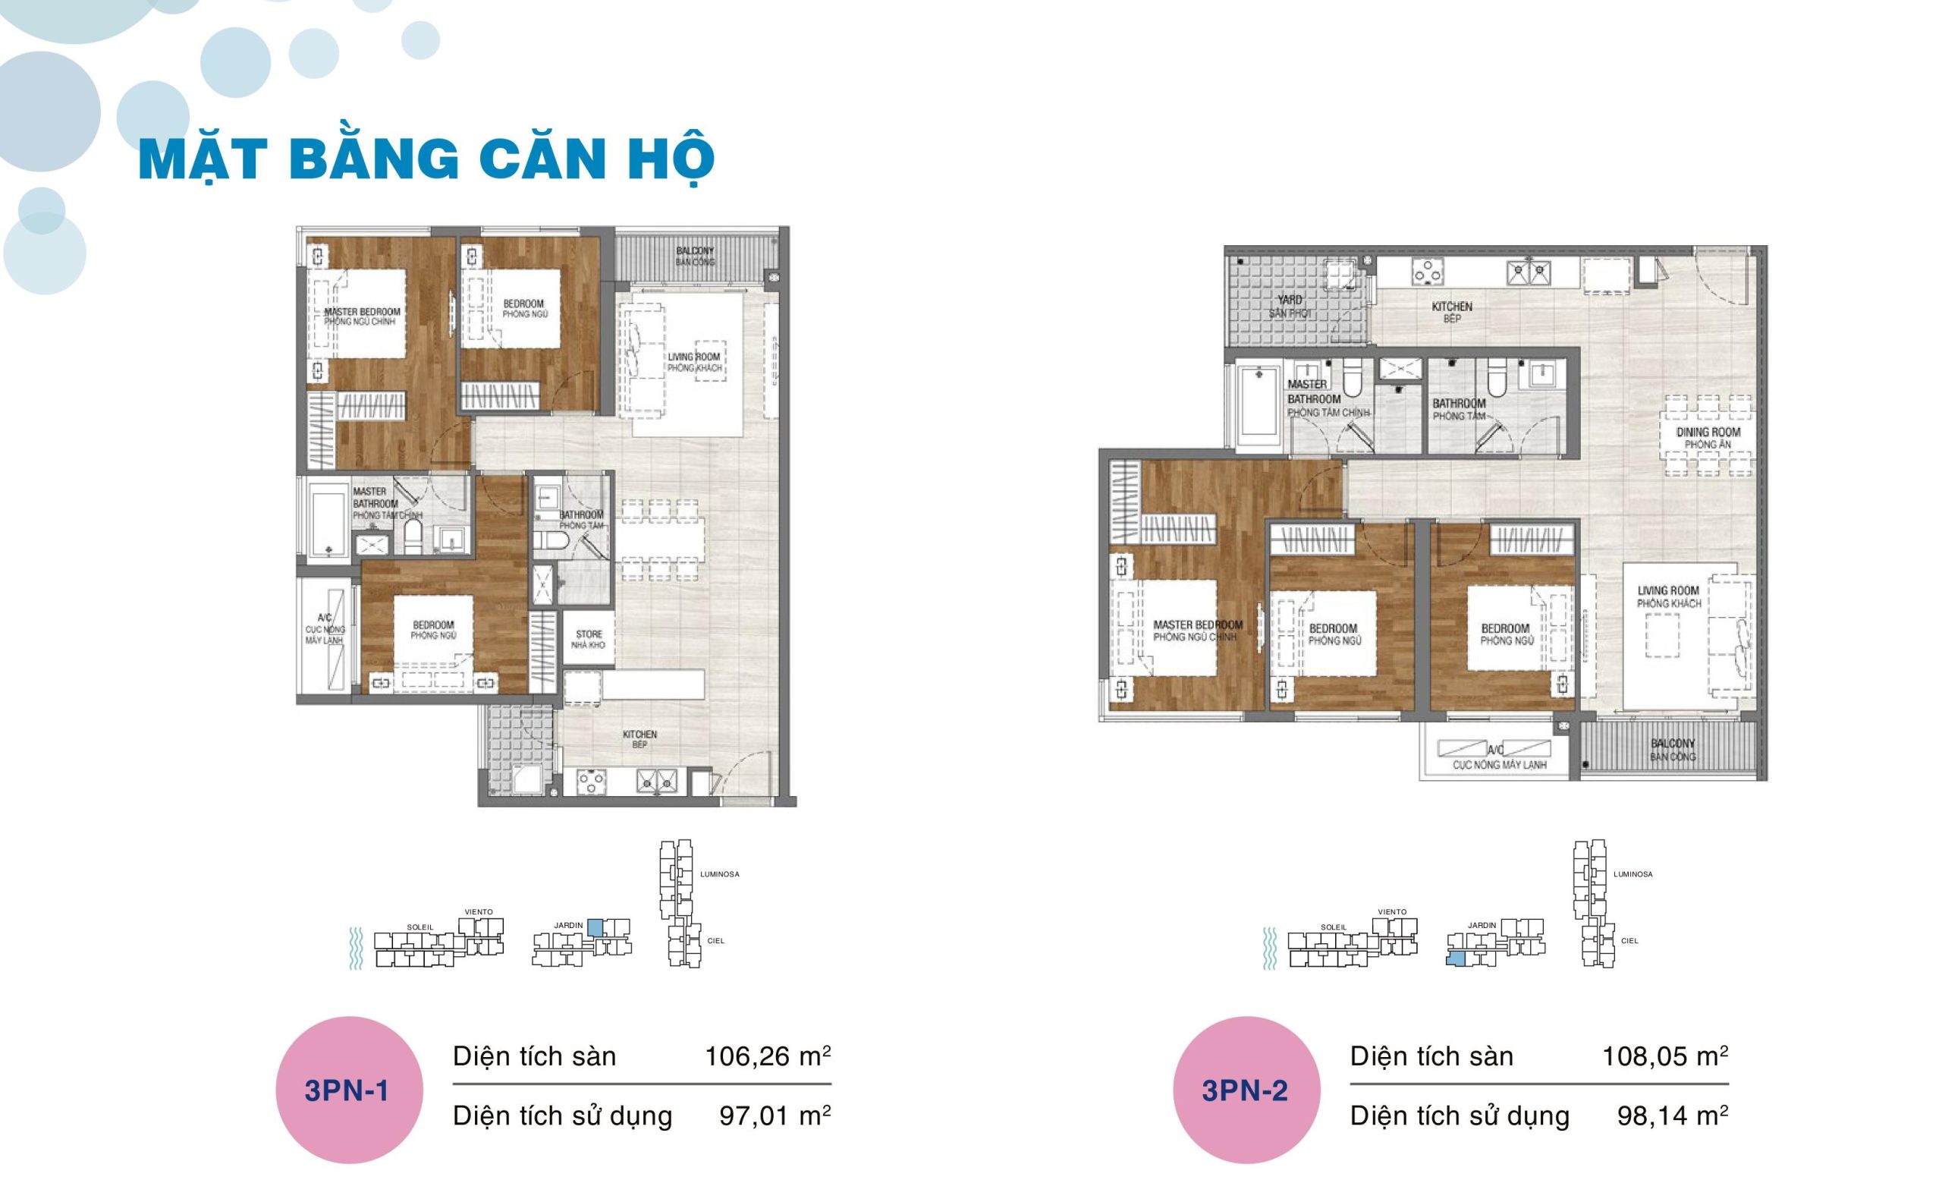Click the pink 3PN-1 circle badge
click(x=349, y=1090)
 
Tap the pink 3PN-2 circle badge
click(x=1245, y=1090)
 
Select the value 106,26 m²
click(x=767, y=1056)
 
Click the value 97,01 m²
click(x=775, y=1116)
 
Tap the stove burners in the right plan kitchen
click(x=1427, y=272)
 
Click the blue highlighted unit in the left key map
click(x=595, y=927)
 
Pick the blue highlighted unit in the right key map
click(x=1455, y=958)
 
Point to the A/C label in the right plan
click(x=1494, y=750)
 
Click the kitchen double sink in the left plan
click(x=656, y=783)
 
